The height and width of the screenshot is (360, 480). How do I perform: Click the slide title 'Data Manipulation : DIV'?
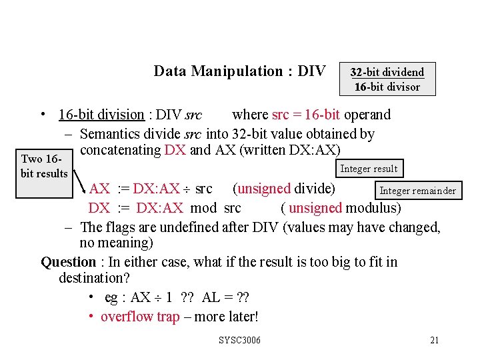(x=239, y=71)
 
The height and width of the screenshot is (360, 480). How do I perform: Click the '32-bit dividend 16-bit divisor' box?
(x=387, y=79)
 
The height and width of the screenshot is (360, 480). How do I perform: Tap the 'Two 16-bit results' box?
(x=44, y=166)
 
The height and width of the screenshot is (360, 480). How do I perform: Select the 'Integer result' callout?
(x=368, y=169)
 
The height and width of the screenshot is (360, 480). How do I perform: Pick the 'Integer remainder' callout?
(x=417, y=191)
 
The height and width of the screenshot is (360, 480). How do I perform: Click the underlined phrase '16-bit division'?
(x=101, y=115)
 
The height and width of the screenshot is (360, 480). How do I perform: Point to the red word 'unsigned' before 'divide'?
(x=264, y=189)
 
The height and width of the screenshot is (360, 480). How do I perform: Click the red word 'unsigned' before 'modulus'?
(x=315, y=208)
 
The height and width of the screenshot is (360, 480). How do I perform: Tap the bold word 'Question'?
(x=69, y=262)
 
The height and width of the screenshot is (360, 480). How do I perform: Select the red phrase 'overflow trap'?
(x=140, y=317)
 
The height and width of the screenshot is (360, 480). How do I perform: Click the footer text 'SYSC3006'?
(x=240, y=341)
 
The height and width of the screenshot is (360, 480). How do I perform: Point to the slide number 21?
(x=434, y=341)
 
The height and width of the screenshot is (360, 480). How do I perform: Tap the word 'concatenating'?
(x=120, y=149)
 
